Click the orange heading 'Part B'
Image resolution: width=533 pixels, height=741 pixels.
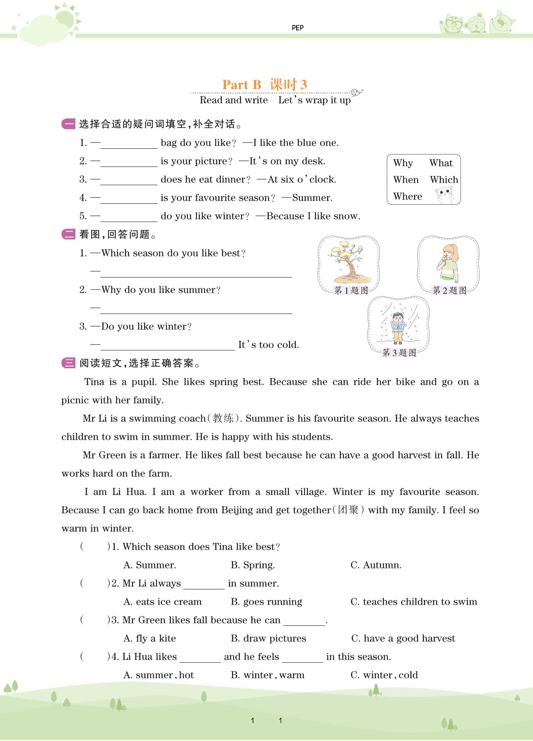point(242,84)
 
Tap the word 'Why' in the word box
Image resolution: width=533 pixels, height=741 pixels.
point(403,163)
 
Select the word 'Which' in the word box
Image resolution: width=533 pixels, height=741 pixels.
point(444,180)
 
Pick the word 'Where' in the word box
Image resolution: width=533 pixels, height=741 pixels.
point(408,196)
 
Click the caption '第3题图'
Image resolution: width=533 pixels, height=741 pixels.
point(399,353)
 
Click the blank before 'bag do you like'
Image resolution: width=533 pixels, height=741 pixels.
point(129,143)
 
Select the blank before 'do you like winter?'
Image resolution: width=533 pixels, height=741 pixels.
point(129,217)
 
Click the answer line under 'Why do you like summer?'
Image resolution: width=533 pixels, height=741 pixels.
point(196,309)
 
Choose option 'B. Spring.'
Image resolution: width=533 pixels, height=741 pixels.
point(253,565)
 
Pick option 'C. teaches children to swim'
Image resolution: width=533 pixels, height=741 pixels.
point(413,602)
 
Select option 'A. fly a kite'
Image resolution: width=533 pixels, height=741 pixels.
point(150,639)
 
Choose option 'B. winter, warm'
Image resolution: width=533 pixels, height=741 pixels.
point(267,675)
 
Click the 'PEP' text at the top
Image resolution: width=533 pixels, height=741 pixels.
point(297,28)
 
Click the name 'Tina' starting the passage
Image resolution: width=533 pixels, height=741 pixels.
point(94,382)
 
